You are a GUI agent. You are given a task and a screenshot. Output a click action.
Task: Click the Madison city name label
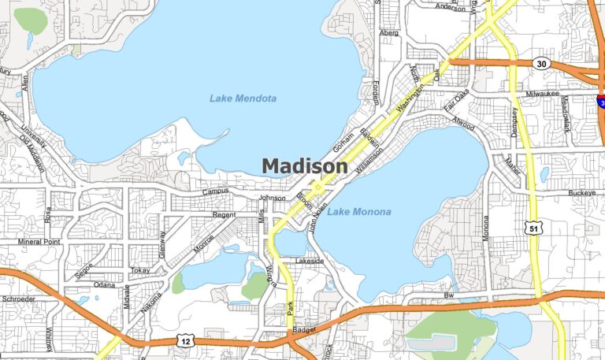(x=304, y=166)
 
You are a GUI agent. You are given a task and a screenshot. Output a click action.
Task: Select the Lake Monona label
(x=359, y=212)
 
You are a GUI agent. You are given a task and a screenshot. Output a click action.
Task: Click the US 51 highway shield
(x=535, y=228)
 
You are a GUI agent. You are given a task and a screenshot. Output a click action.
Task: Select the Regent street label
(x=225, y=214)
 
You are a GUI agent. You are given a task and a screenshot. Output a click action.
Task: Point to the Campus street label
(x=215, y=191)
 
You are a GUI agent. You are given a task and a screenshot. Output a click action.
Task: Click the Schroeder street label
(x=19, y=300)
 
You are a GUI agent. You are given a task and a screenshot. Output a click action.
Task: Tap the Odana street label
(x=104, y=284)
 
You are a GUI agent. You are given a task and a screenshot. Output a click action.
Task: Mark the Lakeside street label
(x=310, y=260)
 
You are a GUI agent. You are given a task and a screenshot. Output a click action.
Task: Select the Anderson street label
(x=450, y=7)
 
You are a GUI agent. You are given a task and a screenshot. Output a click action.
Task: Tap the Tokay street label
(x=140, y=270)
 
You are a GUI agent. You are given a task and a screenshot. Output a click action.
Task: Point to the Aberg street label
(x=389, y=33)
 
